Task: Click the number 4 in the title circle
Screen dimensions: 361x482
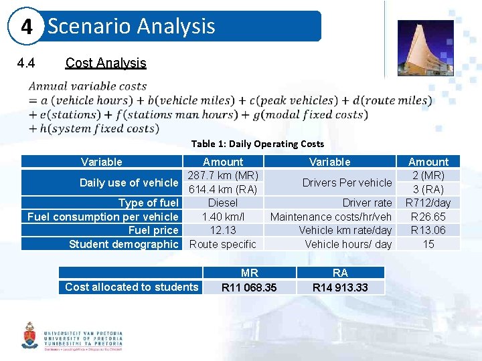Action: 27,27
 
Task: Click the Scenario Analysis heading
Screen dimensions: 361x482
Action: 131,26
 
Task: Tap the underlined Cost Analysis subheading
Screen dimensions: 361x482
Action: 105,63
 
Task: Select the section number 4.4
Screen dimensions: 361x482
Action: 26,63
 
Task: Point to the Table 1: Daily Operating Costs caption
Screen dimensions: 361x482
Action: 257,144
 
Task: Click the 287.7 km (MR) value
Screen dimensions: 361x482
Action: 223,175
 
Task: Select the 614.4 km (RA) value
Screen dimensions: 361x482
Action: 223,189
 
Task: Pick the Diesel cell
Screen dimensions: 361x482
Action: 223,203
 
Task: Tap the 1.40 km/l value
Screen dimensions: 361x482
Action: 223,217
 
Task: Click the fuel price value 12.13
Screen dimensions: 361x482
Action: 223,230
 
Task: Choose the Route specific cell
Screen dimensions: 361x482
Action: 223,244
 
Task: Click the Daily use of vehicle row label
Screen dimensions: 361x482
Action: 129,183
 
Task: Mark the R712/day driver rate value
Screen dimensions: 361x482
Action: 428,203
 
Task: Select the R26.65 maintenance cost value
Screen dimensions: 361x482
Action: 428,217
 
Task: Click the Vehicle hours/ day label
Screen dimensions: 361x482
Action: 348,244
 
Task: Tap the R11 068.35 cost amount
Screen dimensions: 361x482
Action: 250,287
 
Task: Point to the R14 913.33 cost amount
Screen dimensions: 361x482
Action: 340,287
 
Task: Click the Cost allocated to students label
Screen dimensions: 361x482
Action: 131,287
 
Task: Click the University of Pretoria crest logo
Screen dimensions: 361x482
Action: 29,336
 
